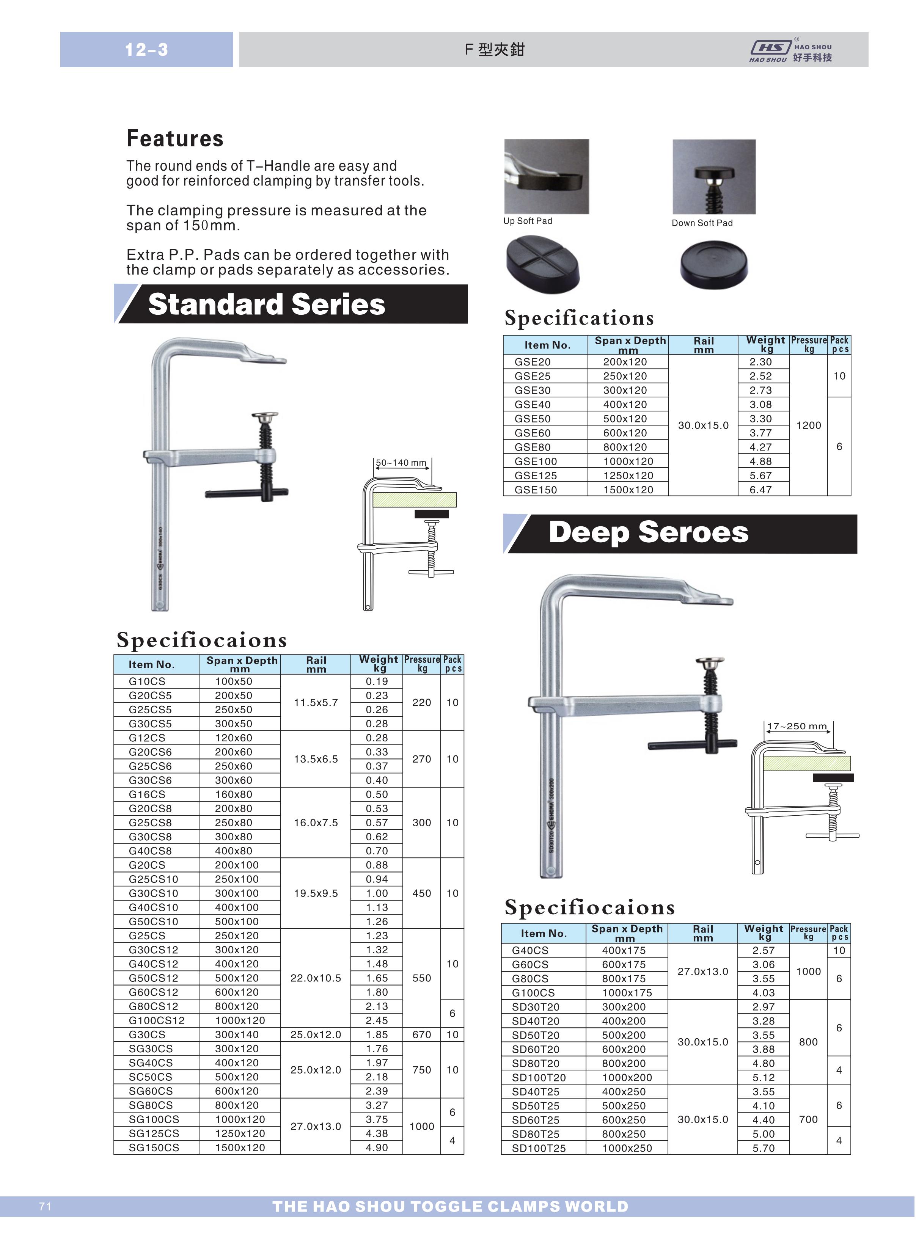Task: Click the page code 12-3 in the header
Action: tap(146, 50)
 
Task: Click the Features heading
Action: tap(174, 138)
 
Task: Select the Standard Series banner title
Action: tap(266, 304)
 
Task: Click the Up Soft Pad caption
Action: tap(527, 221)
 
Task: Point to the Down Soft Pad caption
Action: tap(702, 223)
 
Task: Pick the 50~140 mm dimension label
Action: tap(401, 463)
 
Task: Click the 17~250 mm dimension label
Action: tap(797, 726)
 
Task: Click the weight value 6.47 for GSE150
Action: tap(761, 490)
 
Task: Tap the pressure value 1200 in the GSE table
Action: tap(808, 425)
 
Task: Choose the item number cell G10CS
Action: tap(147, 681)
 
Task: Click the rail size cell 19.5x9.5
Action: tap(316, 893)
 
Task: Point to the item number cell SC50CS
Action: tap(150, 1077)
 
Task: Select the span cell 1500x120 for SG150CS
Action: tap(240, 1147)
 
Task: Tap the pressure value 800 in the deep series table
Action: tap(808, 1042)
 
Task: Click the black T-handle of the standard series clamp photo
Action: tap(247, 493)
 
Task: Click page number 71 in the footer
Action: tap(46, 1207)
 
